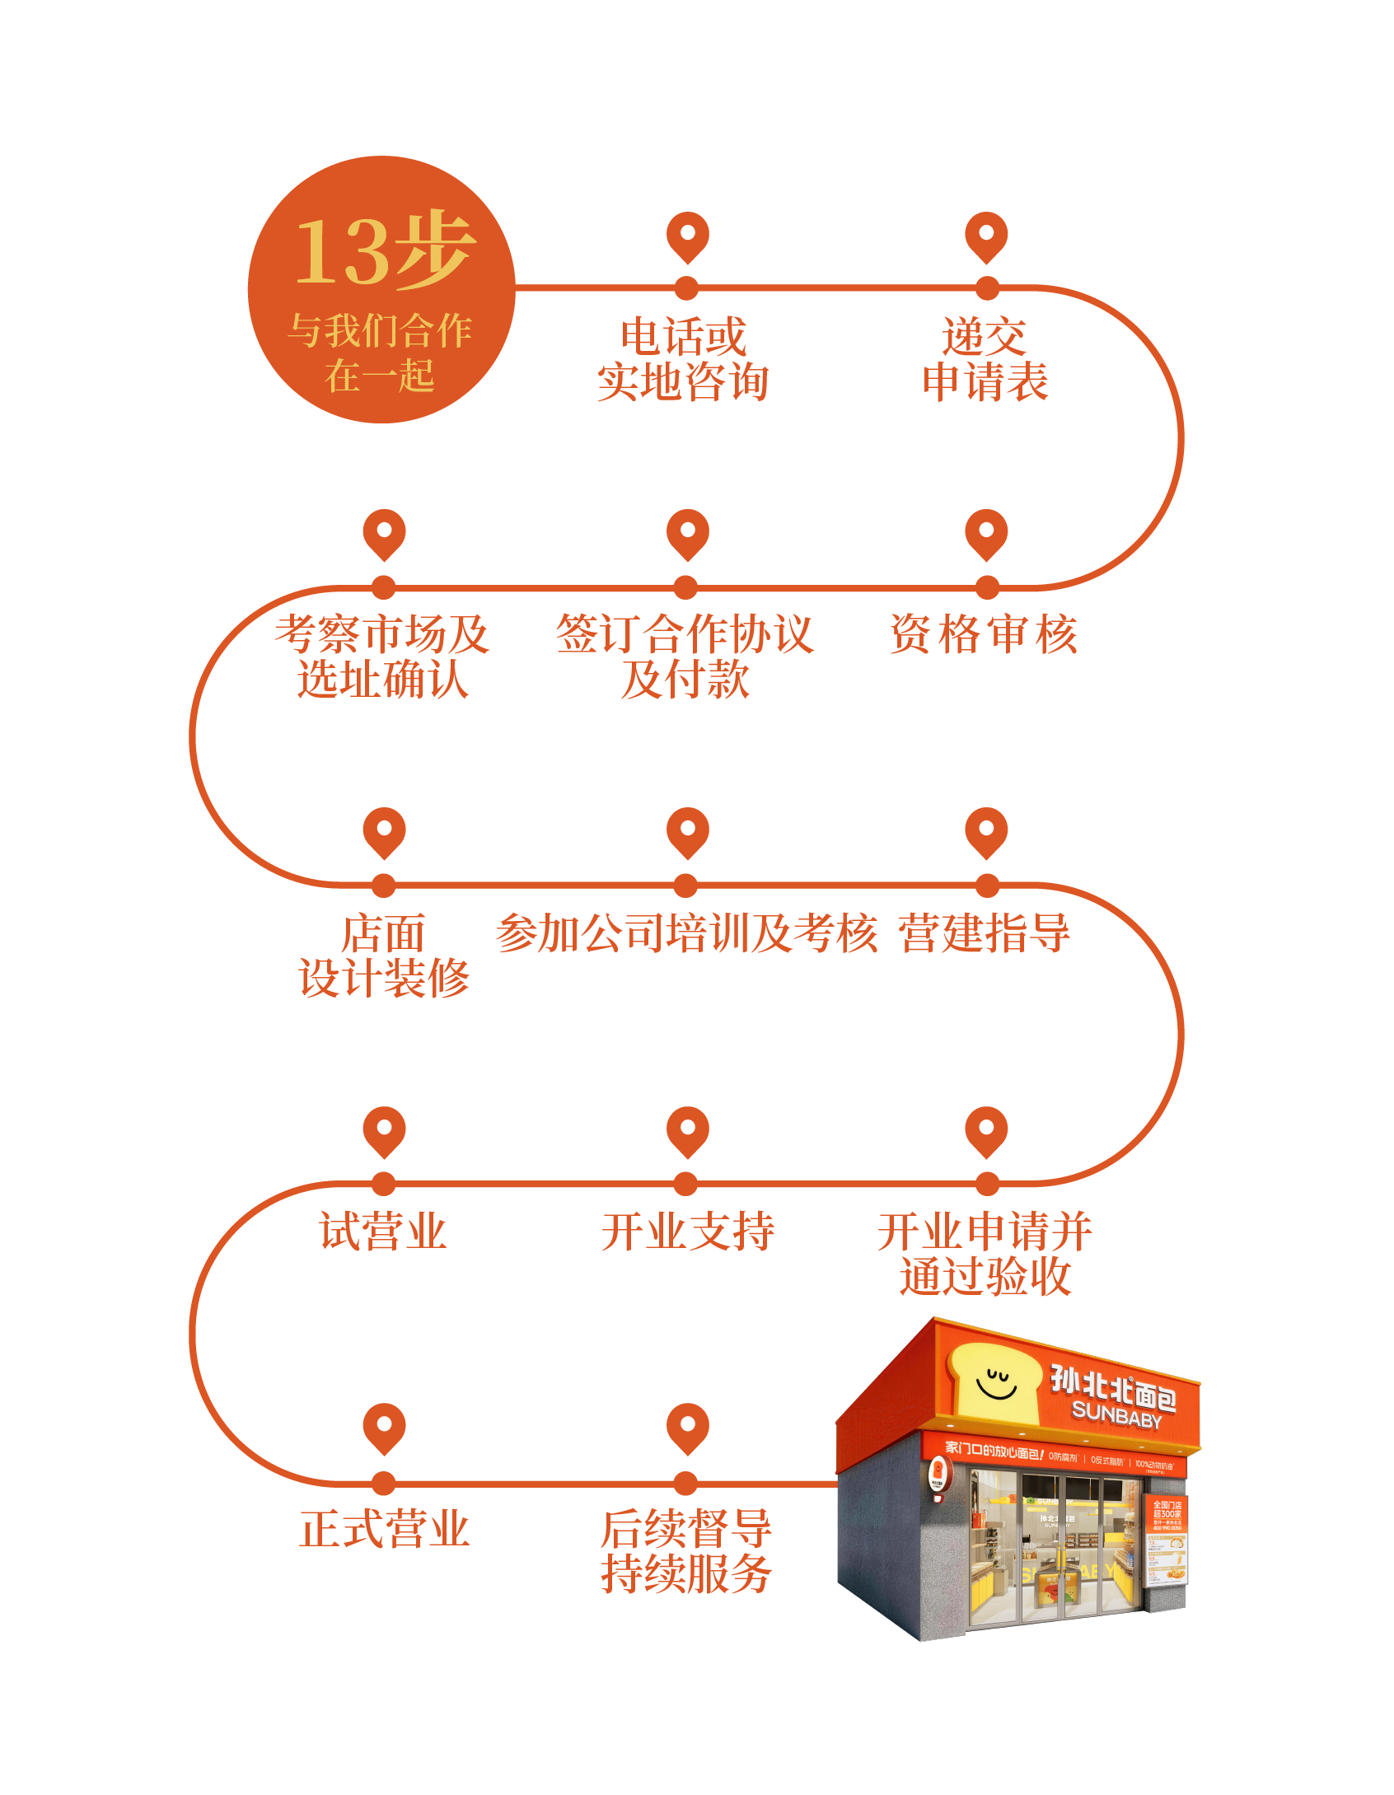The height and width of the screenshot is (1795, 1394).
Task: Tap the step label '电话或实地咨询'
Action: pos(683,360)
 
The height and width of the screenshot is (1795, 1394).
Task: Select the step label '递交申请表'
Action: pos(985,360)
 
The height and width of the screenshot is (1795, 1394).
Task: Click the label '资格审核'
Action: pos(984,634)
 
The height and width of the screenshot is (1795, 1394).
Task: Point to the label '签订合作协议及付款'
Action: pos(685,657)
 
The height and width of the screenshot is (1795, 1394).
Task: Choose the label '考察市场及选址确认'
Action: pos(383,657)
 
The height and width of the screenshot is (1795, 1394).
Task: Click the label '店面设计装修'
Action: pos(384,956)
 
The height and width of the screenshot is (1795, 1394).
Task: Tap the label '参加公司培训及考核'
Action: pos(686,933)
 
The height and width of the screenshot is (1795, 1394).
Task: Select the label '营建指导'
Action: pos(985,933)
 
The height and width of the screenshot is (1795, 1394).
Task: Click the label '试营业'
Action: pos(383,1232)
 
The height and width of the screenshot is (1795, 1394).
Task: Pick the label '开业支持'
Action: pos(688,1232)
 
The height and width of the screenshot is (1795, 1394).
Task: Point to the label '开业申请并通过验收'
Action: pos(985,1254)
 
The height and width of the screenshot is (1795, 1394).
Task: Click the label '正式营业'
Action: pos(385,1530)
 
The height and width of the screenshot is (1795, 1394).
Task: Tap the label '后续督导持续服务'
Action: pos(686,1552)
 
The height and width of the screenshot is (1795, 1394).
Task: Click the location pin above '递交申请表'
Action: pos(986,236)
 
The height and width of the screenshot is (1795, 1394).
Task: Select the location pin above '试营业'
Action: pos(384,1131)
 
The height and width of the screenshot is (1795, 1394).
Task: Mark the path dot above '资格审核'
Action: pos(987,587)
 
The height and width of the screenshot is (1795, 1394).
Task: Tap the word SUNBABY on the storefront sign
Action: pos(1116,1415)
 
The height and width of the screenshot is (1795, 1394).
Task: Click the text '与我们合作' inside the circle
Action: pos(380,331)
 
